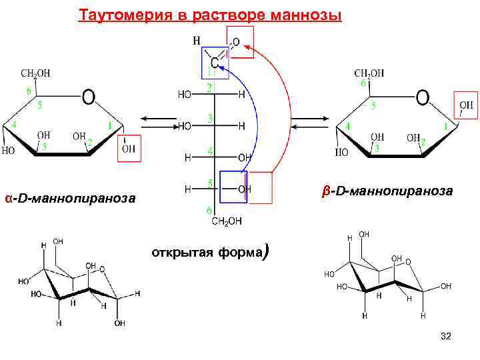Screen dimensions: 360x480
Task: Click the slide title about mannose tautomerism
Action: (x=210, y=15)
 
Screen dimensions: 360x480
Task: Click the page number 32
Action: (x=446, y=337)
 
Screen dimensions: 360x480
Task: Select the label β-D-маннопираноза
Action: (x=387, y=191)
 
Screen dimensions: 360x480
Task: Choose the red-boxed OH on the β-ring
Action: (x=466, y=105)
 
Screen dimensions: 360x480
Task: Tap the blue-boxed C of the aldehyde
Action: (x=215, y=61)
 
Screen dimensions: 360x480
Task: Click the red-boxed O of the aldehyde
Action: (x=238, y=41)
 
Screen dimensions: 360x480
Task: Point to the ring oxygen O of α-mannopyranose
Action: (x=88, y=98)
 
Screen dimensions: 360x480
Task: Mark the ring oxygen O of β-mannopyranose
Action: (x=422, y=98)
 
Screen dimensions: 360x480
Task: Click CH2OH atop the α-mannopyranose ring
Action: (x=35, y=73)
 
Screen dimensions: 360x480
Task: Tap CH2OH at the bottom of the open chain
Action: (x=227, y=221)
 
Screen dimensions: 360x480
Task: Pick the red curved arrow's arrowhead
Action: (x=245, y=46)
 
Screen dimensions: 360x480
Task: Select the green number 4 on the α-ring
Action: (x=15, y=124)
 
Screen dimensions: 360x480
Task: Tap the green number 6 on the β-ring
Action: (x=363, y=83)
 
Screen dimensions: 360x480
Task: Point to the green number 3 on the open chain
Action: (x=209, y=118)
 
